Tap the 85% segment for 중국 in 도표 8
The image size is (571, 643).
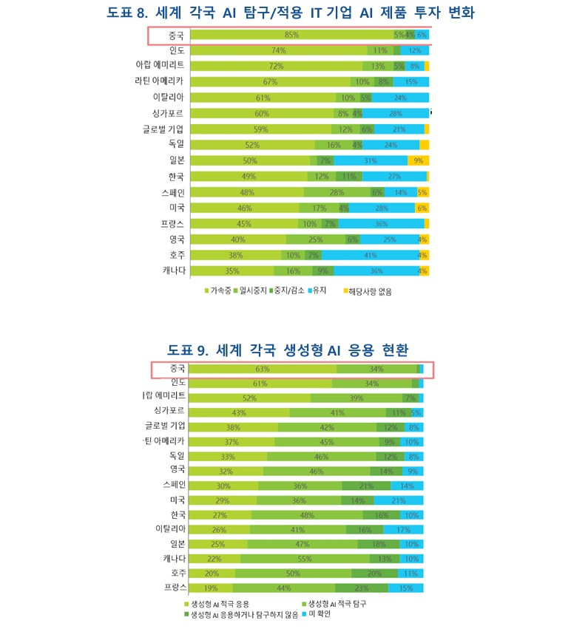point(291,35)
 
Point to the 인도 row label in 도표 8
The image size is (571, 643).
point(176,51)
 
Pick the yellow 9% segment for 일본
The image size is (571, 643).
point(418,161)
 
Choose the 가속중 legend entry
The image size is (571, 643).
point(219,291)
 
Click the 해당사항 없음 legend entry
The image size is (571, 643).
point(370,291)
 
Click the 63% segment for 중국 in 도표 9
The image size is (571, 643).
point(263,369)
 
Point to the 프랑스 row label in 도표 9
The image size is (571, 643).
point(174,588)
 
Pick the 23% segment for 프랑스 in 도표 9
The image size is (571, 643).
point(362,588)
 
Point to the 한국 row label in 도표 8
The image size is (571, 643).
point(176,177)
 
